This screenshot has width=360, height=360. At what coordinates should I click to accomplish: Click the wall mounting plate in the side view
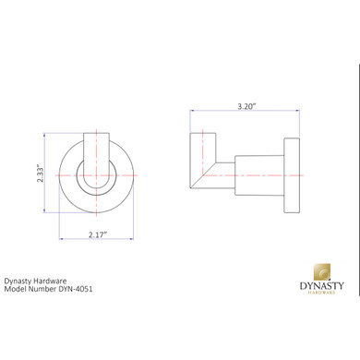point(292,173)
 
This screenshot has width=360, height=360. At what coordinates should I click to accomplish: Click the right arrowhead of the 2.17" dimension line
point(134,238)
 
